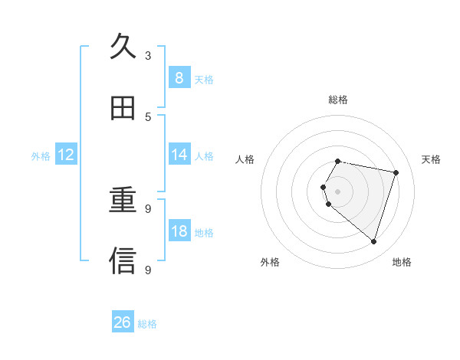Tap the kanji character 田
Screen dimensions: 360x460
pos(123,108)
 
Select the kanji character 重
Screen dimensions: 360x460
pos(123,201)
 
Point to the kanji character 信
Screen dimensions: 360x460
pos(123,261)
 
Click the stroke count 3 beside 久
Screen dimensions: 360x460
pos(148,56)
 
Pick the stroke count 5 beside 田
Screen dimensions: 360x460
pos(148,117)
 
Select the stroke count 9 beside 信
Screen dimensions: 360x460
pos(148,270)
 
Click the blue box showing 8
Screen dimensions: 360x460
pos(179,78)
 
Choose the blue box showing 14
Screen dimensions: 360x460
pos(179,155)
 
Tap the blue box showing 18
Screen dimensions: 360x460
pos(179,231)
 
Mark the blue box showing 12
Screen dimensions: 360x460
pos(66,155)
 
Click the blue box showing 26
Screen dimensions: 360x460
pos(123,322)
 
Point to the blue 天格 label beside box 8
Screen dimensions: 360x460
pos(204,79)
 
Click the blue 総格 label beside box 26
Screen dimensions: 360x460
pos(147,324)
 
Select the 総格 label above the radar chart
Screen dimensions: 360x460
pos(338,100)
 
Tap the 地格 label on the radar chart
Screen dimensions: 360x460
pos(402,262)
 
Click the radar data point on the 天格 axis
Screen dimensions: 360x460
pos(396,172)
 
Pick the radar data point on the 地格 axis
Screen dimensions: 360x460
pos(373,242)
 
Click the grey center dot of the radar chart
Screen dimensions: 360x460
pos(338,191)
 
